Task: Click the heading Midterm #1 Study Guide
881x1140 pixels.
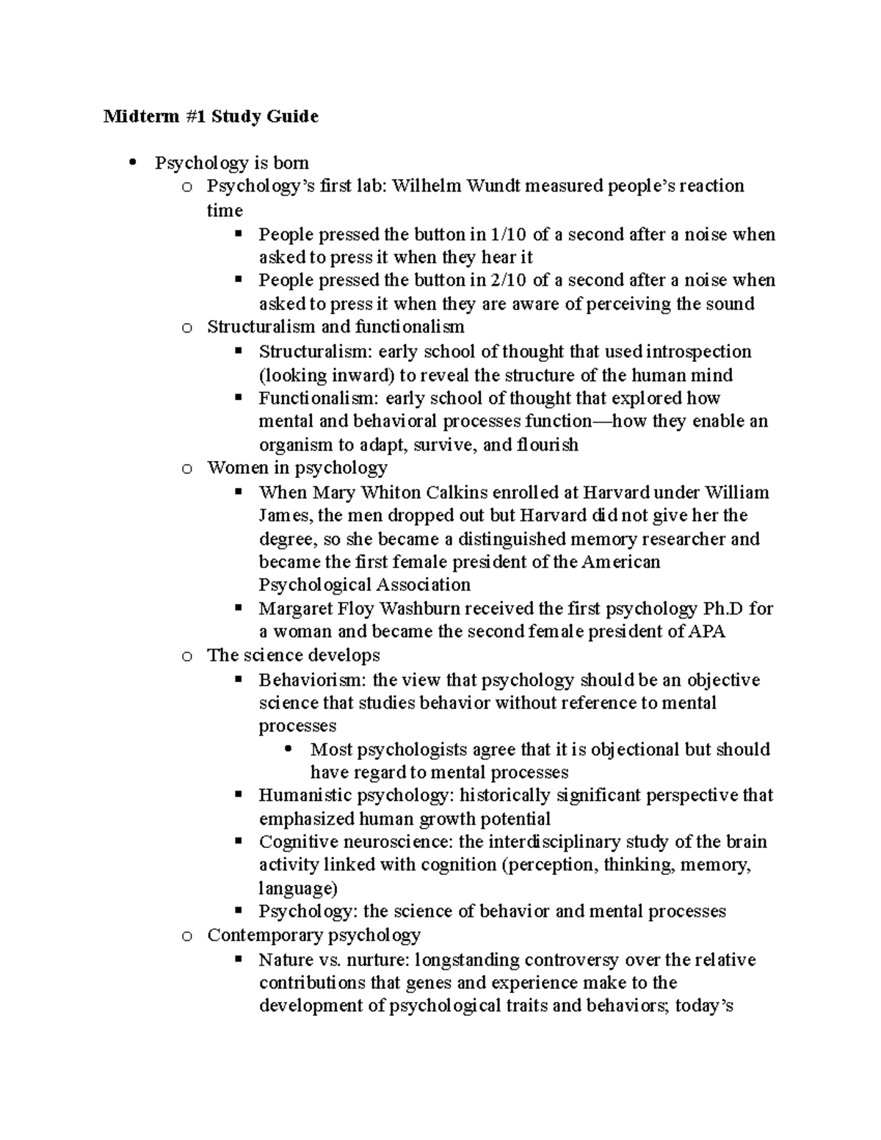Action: [211, 116]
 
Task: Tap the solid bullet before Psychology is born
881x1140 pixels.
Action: [133, 162]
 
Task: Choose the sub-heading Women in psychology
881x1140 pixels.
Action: [297, 468]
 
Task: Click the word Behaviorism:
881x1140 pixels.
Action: [313, 680]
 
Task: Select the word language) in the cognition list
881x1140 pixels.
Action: [297, 888]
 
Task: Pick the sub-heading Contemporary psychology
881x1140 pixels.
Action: [313, 934]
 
